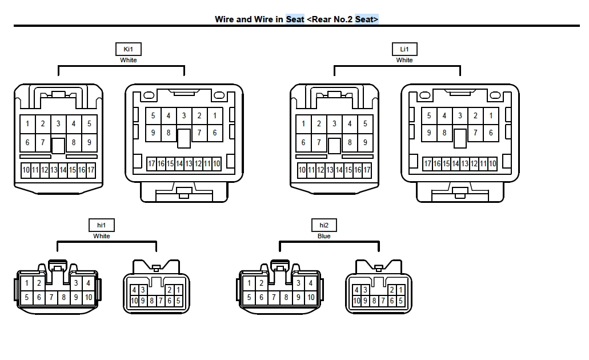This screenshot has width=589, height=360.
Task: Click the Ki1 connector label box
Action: point(128,50)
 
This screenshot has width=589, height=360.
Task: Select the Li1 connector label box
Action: point(404,50)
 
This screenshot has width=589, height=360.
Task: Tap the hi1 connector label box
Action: point(102,226)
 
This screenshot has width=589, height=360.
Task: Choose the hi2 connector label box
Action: point(324,226)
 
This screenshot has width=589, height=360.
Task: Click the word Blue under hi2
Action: point(324,236)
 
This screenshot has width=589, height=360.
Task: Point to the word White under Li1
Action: point(404,60)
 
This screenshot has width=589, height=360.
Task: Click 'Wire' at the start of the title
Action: point(225,19)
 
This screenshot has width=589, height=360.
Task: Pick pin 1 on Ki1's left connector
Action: point(27,123)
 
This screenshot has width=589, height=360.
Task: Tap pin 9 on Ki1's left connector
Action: point(89,142)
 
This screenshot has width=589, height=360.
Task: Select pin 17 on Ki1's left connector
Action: point(91,170)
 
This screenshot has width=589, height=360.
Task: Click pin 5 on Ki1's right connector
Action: point(153,115)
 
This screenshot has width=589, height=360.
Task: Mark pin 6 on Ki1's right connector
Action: point(215,133)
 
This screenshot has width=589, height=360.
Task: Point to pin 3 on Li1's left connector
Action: point(334,123)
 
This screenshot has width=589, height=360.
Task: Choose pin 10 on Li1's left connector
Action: point(302,170)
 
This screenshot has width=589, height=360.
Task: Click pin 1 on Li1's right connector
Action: point(491,115)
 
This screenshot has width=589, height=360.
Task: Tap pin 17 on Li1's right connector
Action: point(428,164)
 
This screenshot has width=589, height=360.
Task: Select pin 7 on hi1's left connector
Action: point(51,297)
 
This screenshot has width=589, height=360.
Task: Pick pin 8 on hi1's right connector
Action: point(152,301)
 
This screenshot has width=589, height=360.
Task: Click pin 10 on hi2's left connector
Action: point(311,297)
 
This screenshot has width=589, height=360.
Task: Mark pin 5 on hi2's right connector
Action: point(400,301)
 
